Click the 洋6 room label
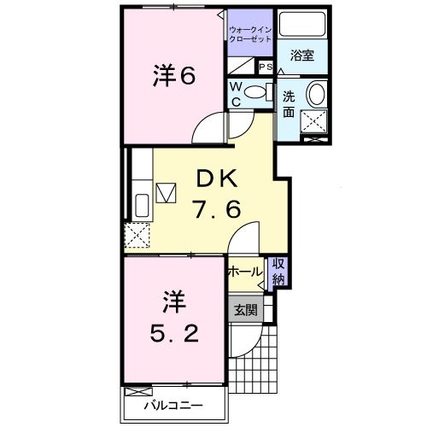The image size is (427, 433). point(174,75)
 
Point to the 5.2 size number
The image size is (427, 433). point(174,332)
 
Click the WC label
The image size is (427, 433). point(236,95)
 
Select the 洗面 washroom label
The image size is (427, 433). point(290,103)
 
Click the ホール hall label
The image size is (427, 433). point(245,272)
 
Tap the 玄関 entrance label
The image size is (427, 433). point(246,310)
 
